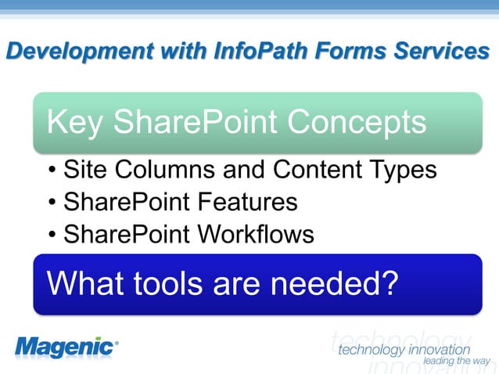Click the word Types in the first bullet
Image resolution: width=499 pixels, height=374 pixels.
point(401,171)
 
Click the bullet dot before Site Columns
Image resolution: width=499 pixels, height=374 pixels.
point(52,171)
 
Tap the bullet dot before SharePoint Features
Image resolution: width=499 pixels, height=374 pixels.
point(52,203)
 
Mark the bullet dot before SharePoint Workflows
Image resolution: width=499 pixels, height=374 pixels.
point(52,236)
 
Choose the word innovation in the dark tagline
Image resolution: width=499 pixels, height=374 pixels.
point(437,348)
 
